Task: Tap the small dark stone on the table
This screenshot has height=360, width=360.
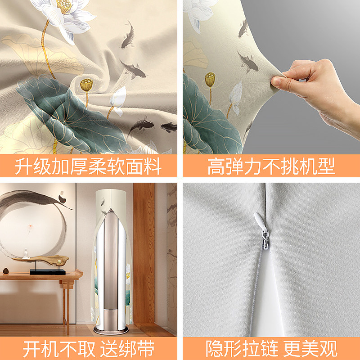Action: (6, 270)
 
